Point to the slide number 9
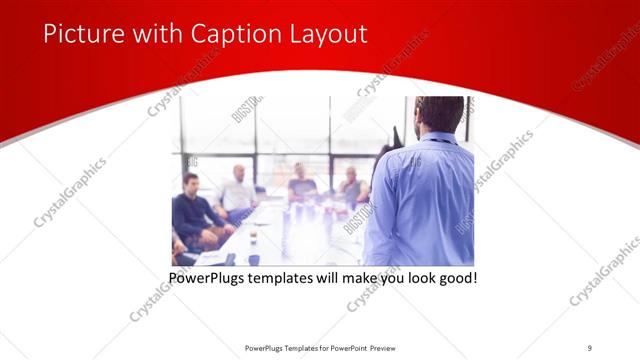589,348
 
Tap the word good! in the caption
456,277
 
